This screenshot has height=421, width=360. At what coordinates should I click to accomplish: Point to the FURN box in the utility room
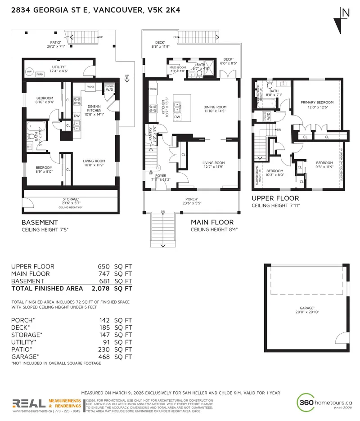(x=40, y=74)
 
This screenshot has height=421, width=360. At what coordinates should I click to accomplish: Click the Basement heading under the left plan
(x=40, y=222)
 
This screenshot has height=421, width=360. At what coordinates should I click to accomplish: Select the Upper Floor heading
(x=274, y=198)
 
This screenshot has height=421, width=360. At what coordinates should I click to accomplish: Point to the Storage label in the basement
(x=71, y=199)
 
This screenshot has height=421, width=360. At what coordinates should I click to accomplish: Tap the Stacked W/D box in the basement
(x=109, y=87)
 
